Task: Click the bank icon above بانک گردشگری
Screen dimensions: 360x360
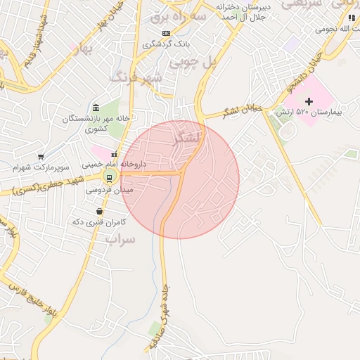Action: [x=166, y=33]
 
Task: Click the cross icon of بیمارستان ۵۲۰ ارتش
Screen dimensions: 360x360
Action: [x=309, y=102]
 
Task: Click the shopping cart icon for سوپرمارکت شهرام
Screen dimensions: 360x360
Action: [x=41, y=157]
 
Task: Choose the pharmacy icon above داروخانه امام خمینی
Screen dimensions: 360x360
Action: [x=114, y=153]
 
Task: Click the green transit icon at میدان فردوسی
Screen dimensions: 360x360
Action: [x=108, y=176]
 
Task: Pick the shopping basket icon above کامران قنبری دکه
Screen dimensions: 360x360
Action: [x=99, y=211]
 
